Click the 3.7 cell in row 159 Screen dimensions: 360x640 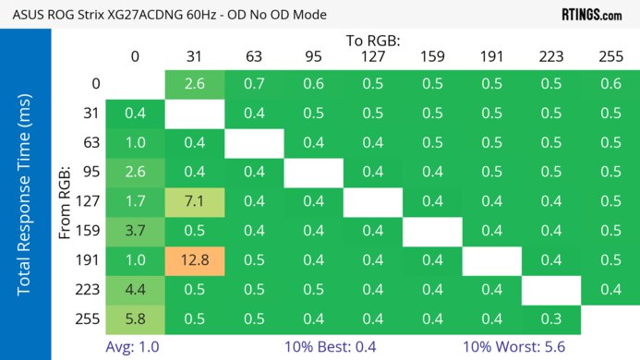pos(135,230)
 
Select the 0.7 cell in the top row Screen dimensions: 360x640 pos(253,84)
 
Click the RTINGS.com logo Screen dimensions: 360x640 pos(591,15)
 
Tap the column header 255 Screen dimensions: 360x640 pos(610,57)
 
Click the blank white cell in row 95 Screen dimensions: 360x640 pos(313,171)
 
